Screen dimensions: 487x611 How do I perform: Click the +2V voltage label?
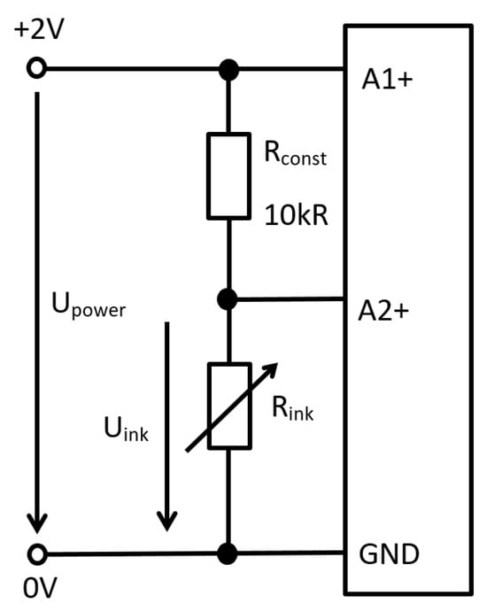(39, 29)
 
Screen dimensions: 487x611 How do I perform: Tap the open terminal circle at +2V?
(36, 68)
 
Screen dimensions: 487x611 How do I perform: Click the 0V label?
(40, 588)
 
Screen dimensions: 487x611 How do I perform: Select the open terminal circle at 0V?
(37, 554)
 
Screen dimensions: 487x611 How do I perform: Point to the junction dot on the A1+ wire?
(228, 70)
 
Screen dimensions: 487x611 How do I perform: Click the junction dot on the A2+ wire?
(228, 299)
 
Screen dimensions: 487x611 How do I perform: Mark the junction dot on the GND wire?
(228, 553)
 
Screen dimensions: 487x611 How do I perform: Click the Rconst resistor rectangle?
(228, 175)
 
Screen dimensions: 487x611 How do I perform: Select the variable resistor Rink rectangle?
(229, 406)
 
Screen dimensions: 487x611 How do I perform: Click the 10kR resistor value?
(296, 215)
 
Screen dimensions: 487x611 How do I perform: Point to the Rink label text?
(292, 408)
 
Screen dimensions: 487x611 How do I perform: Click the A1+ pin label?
(387, 80)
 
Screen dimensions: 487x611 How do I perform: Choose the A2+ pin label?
(383, 311)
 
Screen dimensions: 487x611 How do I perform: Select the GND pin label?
(389, 554)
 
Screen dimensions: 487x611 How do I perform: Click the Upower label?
(89, 305)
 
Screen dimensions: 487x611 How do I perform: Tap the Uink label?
(126, 429)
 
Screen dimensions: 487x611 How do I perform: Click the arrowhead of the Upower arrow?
(37, 523)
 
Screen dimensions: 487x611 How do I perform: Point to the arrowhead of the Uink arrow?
(167, 521)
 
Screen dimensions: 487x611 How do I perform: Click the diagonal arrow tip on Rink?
(277, 364)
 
